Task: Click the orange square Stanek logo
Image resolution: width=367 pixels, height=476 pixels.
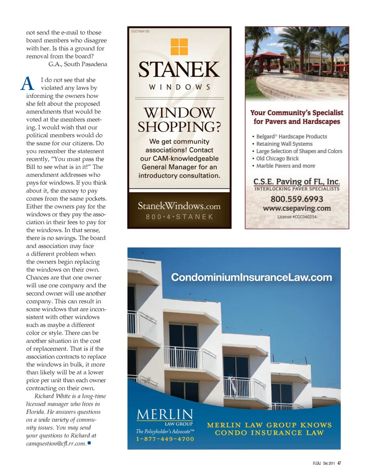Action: click(179, 47)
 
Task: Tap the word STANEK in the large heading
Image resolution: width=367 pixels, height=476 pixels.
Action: click(179, 70)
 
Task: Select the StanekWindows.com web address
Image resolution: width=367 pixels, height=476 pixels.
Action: click(179, 206)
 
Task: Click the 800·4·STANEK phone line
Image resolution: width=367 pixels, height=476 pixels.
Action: click(179, 217)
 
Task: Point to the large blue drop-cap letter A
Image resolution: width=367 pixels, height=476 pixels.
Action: click(28, 83)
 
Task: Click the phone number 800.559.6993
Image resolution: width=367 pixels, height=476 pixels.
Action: click(297, 199)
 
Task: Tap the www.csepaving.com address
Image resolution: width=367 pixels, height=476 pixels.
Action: click(297, 208)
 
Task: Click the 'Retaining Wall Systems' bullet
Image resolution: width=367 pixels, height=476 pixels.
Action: click(284, 144)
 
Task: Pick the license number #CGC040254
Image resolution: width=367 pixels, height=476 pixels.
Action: click(297, 217)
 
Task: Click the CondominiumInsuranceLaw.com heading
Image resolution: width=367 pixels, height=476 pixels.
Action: click(251, 277)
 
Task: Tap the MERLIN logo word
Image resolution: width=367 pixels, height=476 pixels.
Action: click(165, 414)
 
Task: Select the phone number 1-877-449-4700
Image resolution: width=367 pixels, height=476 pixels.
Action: click(165, 439)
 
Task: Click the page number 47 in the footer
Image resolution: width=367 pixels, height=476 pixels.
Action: click(339, 463)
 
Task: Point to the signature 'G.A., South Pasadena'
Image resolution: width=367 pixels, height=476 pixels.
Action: click(78, 64)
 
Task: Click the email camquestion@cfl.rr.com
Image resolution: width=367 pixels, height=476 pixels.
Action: click(56, 444)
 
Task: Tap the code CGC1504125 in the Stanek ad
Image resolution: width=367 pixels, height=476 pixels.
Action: click(140, 31)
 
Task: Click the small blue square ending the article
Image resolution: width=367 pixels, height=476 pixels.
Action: click(89, 443)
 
